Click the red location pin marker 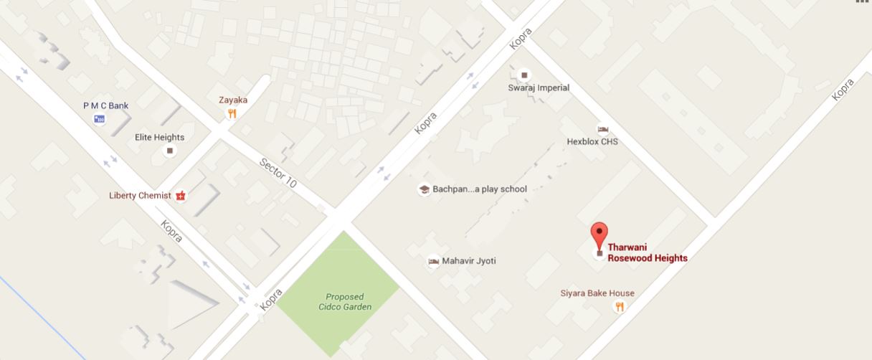coord(599,235)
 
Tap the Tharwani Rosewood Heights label coord(648,253)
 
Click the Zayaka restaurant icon coord(231,113)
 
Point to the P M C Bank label coord(105,105)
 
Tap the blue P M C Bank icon coord(99,118)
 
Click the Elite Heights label coord(159,137)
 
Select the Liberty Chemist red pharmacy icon coord(181,195)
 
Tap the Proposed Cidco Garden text coord(344,301)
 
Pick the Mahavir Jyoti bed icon coord(432,261)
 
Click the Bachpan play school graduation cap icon coord(424,189)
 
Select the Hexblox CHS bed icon coord(602,129)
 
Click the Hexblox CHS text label coord(592,141)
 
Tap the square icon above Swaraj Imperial coord(524,75)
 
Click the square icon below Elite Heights coord(170,151)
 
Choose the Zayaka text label coord(233,100)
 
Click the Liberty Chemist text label coord(140,195)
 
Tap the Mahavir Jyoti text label coord(468,261)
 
